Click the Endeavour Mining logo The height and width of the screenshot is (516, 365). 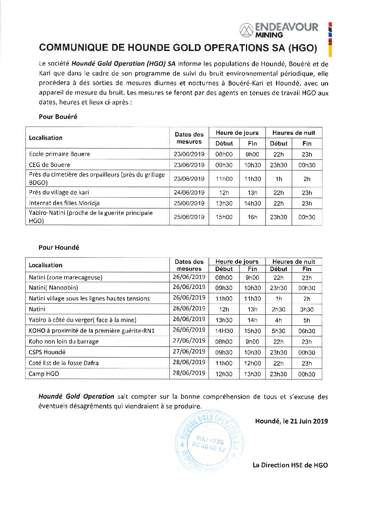[279, 30]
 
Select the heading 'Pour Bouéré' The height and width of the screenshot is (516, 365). [58, 117]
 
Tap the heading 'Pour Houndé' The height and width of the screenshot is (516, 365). [59, 247]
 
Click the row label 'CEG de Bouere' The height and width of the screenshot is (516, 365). [49, 165]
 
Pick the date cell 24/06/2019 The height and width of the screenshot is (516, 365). [189, 192]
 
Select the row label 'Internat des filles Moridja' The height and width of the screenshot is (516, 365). [64, 203]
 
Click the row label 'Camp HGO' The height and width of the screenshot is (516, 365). [44, 374]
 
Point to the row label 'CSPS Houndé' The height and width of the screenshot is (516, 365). [47, 352]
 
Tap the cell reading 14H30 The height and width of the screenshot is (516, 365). [224, 331]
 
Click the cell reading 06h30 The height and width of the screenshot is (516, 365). [307, 331]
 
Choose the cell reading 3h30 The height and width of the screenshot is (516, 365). [307, 309]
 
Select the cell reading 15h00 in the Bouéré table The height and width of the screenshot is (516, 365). [224, 217]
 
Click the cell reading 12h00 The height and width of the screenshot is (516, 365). [253, 363]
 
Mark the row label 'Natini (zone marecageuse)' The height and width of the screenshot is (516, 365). [66, 277]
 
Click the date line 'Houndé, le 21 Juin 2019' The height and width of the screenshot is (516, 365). [292, 421]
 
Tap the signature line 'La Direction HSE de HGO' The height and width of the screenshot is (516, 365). [290, 465]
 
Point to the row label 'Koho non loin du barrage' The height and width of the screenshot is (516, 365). [63, 341]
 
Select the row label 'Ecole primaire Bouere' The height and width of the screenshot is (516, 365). [59, 154]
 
